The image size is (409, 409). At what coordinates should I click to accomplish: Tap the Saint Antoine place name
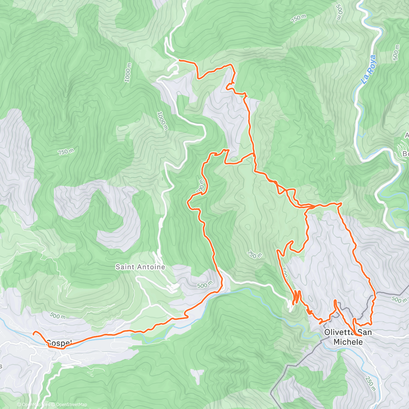coord(140,267)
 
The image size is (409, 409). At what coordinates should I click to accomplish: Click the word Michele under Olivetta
coord(348,342)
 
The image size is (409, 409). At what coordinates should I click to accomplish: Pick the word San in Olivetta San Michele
coord(366,332)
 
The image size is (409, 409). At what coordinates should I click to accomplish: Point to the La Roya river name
coord(368,70)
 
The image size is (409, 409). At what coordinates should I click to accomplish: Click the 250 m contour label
coord(370,383)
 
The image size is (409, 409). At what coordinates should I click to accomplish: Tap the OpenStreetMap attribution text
coord(71,405)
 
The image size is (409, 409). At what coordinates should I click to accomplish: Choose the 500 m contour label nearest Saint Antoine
coord(204,285)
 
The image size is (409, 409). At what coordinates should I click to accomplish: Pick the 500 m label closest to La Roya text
coord(396,52)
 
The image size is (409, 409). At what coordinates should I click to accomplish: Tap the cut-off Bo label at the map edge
coord(405,153)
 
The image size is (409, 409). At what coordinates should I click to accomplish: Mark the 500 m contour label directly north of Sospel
coord(57,316)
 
